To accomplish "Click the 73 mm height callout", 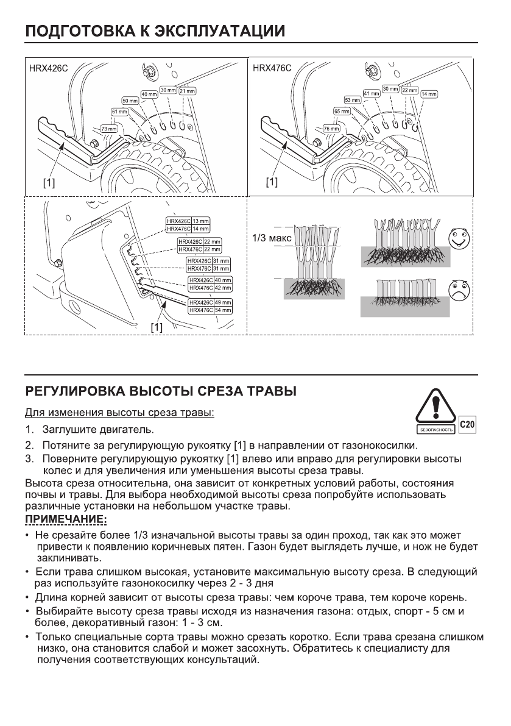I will tap(108, 129).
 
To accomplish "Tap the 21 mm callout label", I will tap(186, 91).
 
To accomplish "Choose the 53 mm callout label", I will tap(353, 100).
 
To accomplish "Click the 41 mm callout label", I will tap(372, 93).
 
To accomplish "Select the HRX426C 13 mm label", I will tap(188, 221).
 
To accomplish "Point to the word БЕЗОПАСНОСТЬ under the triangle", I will tap(435, 429).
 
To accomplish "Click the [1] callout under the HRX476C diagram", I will tap(271, 182).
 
